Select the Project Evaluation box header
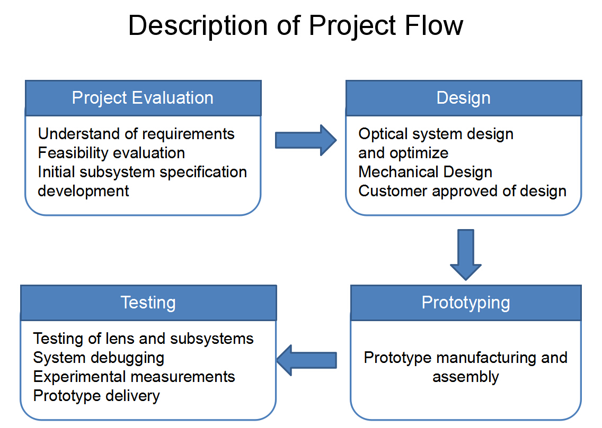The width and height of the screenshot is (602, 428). pos(143,98)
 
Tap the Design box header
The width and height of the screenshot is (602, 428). pos(464,98)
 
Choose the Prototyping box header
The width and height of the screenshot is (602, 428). pos(466,303)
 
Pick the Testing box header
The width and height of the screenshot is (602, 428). pos(148,303)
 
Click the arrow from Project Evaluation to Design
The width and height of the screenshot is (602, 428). pos(306,140)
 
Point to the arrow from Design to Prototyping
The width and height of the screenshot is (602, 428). pos(466,255)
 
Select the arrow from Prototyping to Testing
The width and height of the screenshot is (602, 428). pos(307,360)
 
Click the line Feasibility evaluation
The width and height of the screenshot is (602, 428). pos(111,153)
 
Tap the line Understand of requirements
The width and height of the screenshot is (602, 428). pos(136,134)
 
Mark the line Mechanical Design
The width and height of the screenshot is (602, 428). pos(425,172)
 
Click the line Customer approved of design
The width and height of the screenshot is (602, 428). pos(462,191)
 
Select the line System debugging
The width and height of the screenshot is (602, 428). pos(99,358)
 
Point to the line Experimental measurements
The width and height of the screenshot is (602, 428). pos(134,377)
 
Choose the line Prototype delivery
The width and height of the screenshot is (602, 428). pos(96,396)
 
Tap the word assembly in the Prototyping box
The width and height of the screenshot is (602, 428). pos(466,377)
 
